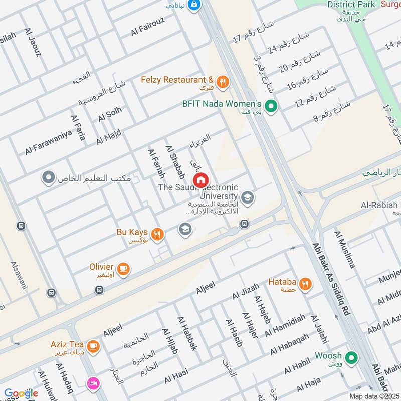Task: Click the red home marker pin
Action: [x=200, y=180]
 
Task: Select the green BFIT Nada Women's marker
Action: [x=271, y=106]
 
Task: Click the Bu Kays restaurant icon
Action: [x=157, y=233]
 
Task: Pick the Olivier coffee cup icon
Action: [x=124, y=269]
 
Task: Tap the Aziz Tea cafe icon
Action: [x=93, y=346]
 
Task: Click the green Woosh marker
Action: [x=352, y=358]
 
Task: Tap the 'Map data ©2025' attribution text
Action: [x=374, y=396]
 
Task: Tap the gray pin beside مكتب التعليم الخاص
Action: [x=48, y=178]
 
